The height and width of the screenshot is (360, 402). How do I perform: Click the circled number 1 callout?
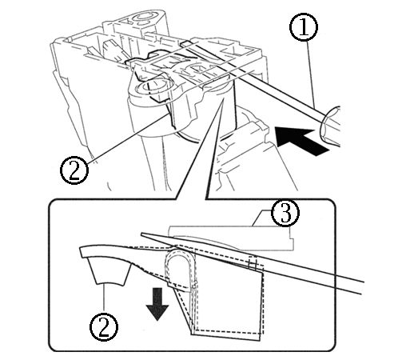point(304,27)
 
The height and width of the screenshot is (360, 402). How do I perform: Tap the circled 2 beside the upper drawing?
point(74,170)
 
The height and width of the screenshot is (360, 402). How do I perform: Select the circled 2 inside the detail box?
point(103,327)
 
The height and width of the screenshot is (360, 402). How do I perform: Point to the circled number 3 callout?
point(285,214)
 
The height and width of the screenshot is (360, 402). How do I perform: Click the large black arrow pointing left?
point(302,141)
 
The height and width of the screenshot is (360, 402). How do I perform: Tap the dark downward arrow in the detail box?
point(157,305)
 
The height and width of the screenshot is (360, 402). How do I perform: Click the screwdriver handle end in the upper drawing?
point(331,126)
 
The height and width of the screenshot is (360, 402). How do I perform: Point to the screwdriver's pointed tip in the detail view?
point(141,234)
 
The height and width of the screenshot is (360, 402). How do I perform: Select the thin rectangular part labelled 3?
point(231,238)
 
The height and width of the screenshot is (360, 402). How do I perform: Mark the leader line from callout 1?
point(312,74)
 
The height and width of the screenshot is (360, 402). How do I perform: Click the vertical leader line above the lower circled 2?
point(104,298)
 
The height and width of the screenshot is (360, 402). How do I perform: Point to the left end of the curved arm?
point(81,251)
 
